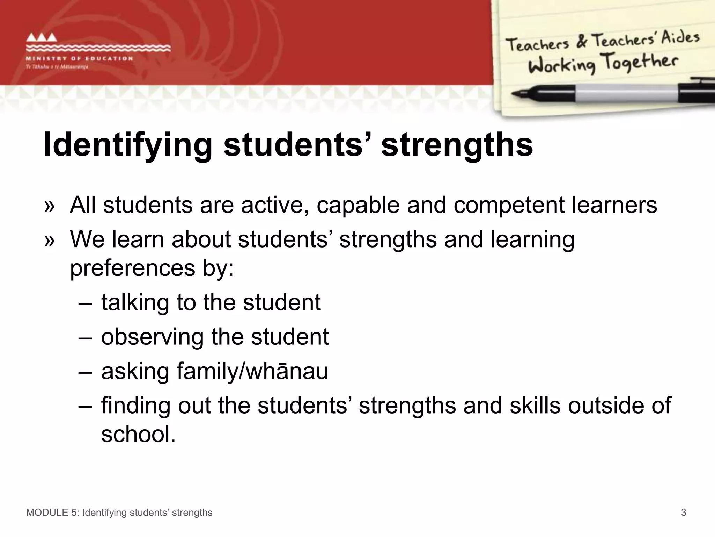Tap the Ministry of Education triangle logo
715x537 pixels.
click(42, 37)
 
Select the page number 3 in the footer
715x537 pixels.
click(684, 513)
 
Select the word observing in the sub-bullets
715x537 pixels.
click(152, 337)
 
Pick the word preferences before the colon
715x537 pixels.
click(133, 268)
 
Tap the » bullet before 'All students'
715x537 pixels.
click(50, 206)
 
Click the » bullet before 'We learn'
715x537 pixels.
click(50, 241)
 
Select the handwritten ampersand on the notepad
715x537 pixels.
click(581, 41)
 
